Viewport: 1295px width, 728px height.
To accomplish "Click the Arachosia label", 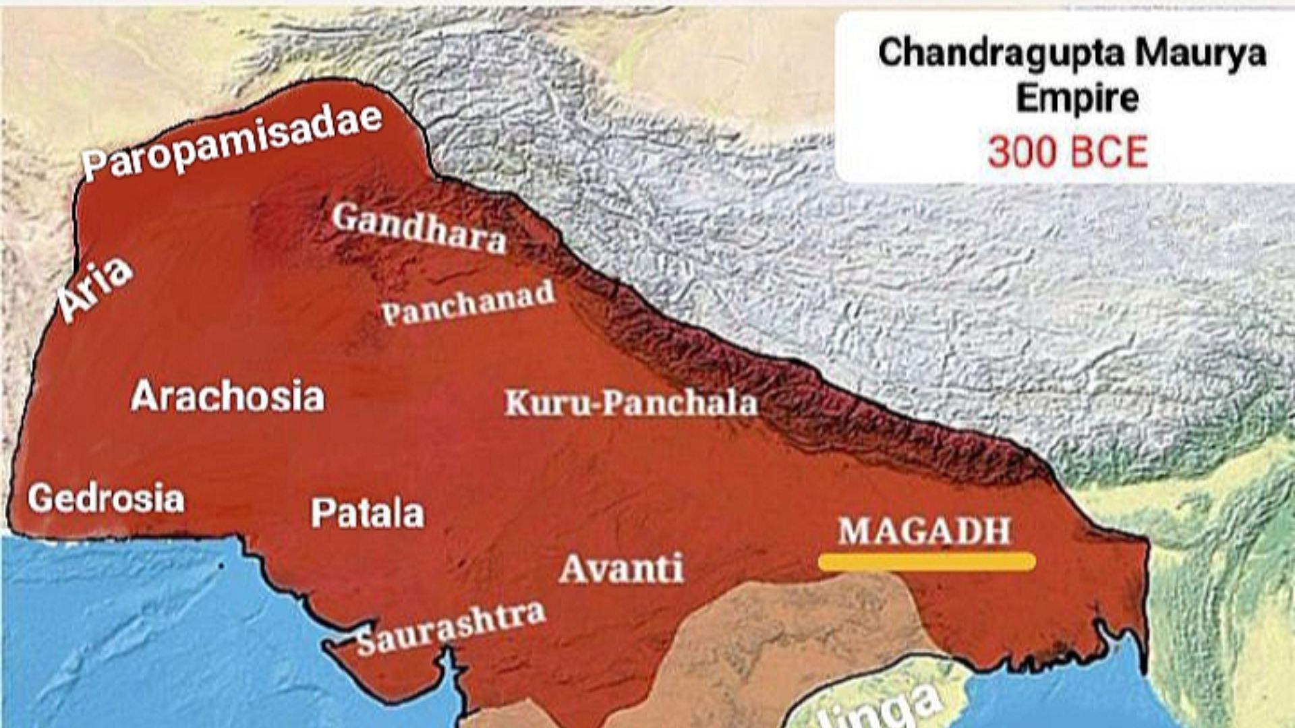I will pyautogui.click(x=227, y=396).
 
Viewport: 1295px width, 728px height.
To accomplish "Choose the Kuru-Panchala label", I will pyautogui.click(x=631, y=403).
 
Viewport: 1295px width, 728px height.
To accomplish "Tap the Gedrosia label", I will pyautogui.click(x=106, y=499).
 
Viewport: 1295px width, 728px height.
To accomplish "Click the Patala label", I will pyautogui.click(x=368, y=514).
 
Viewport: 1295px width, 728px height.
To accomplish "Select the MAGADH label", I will pyautogui.click(x=925, y=531).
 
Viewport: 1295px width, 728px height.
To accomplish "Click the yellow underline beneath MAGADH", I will pyautogui.click(x=927, y=562).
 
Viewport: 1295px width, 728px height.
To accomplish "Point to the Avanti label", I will pyautogui.click(x=621, y=568).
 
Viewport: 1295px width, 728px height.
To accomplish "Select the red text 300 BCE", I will pyautogui.click(x=1067, y=152).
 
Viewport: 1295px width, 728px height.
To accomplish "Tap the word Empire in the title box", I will pyautogui.click(x=1077, y=98).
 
